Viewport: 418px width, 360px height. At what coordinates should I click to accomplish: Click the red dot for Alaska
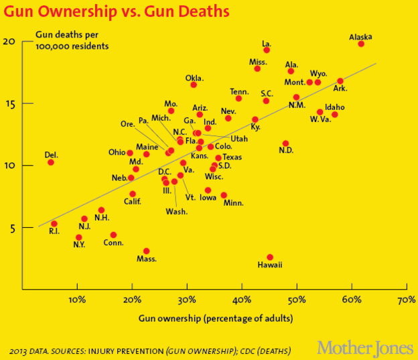pyautogui.click(x=361, y=44)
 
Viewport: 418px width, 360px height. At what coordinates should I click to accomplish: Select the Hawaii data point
pyautogui.click(x=270, y=257)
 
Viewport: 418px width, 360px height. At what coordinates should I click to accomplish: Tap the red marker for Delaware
pyautogui.click(x=51, y=162)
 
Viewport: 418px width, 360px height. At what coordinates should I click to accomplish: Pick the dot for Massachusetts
pyautogui.click(x=146, y=251)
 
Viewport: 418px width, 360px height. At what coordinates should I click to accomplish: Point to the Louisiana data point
pyautogui.click(x=267, y=50)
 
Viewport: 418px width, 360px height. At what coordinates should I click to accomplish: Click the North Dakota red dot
pyautogui.click(x=285, y=143)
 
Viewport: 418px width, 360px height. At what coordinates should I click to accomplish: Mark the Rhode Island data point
pyautogui.click(x=54, y=224)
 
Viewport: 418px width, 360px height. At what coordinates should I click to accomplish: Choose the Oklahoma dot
pyautogui.click(x=194, y=84)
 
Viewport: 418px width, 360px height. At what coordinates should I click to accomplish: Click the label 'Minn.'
pyautogui.click(x=232, y=203)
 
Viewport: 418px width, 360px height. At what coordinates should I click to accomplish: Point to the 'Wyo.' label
pyautogui.click(x=318, y=73)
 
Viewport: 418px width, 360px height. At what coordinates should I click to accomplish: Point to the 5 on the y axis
pyautogui.click(x=11, y=227)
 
